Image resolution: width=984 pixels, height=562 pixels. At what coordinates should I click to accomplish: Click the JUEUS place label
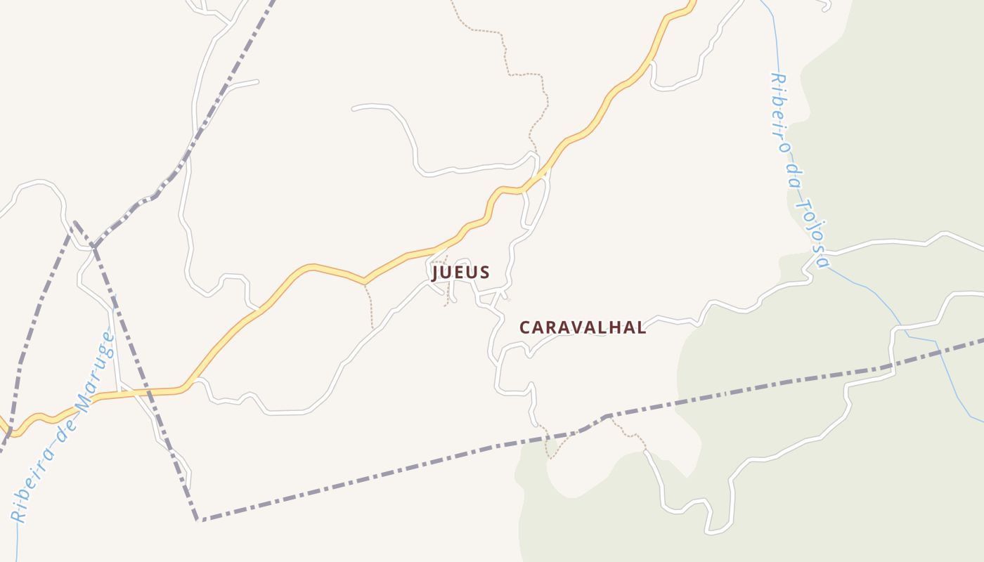[x=460, y=272]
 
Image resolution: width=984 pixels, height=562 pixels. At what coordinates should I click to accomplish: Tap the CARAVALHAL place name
[x=582, y=327]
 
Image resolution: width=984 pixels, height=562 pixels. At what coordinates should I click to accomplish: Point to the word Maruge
[x=93, y=372]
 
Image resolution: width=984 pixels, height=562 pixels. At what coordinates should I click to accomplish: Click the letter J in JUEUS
[x=436, y=272]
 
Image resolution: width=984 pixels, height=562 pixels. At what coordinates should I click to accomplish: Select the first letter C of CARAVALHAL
[x=524, y=327]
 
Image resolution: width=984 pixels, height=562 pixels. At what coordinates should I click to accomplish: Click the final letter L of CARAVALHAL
[x=641, y=327]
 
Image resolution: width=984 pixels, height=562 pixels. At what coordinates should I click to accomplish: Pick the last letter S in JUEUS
[x=484, y=272]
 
